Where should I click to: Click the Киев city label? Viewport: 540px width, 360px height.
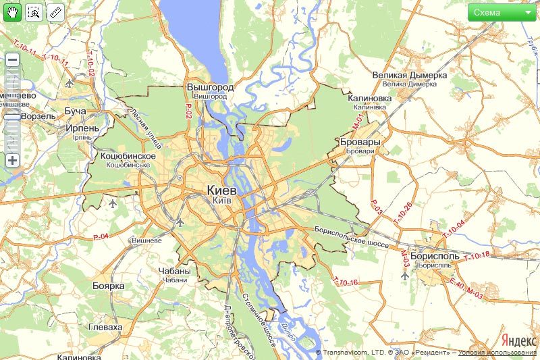(223, 190)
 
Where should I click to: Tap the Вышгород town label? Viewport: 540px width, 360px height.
(210, 88)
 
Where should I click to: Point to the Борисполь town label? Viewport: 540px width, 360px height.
(436, 257)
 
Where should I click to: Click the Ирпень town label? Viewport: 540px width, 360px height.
(82, 128)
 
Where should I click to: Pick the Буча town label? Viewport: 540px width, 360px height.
(75, 110)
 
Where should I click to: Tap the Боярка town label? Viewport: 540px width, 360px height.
(109, 286)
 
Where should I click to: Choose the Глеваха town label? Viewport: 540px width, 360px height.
(105, 327)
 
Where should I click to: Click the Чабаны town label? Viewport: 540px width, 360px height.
(175, 272)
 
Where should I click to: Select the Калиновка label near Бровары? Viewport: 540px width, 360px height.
(369, 99)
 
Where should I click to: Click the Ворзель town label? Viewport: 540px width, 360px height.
(38, 115)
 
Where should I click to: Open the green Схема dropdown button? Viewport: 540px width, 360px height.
(502, 12)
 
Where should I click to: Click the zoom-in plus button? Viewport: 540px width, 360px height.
(12, 160)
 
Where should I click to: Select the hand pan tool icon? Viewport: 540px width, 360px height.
(12, 12)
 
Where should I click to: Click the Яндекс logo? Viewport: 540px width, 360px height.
(518, 340)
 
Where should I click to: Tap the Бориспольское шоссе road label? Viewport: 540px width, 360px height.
(352, 236)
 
